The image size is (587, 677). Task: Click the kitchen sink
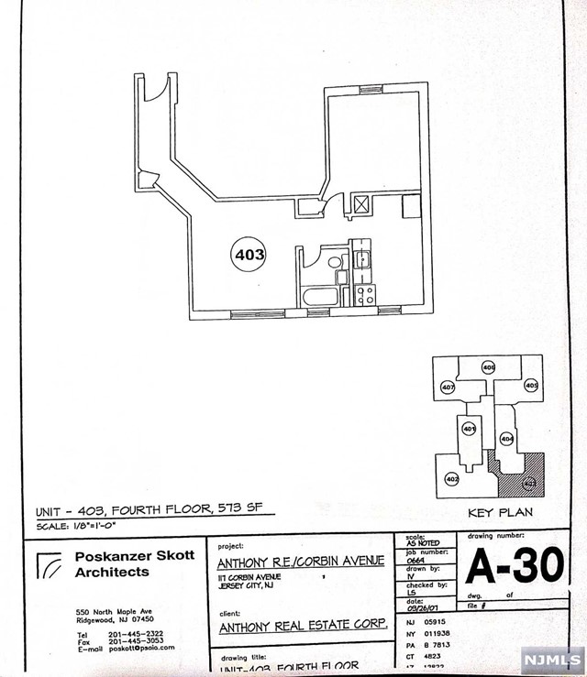363,256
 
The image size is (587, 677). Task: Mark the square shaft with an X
362,204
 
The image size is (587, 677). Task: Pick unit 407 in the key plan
449,388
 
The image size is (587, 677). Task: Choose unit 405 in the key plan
530,385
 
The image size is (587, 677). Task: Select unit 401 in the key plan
469,428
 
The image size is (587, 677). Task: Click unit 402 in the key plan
451,478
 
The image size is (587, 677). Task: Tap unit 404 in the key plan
506,439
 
